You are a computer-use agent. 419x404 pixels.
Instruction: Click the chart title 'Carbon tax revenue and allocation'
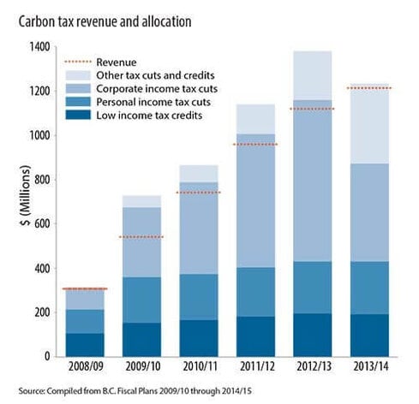[x=103, y=19]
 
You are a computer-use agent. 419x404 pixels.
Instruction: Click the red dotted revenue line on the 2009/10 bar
[x=141, y=237]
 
